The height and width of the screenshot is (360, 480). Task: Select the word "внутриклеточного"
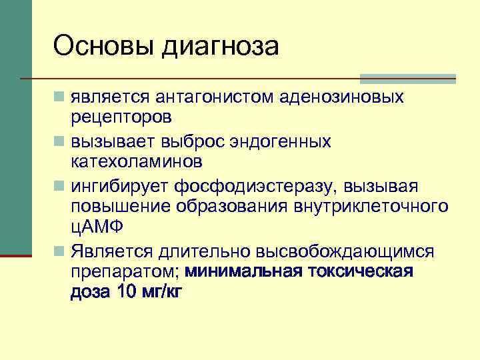coord(371,205)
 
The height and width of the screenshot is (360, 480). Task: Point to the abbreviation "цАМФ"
coord(95,227)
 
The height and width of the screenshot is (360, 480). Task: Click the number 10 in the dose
coord(121,292)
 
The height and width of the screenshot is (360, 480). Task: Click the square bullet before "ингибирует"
coord(60,185)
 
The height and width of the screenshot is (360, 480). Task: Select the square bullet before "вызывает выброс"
coord(60,141)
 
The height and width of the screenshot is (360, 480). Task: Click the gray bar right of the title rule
coord(407,78)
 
